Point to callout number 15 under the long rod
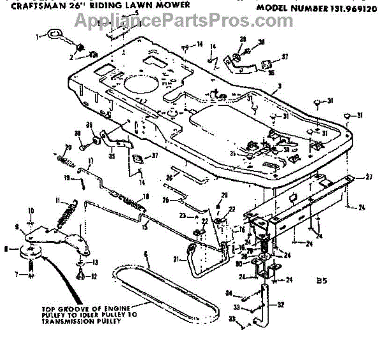pos(143,227)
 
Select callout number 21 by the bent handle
pos(176,258)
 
